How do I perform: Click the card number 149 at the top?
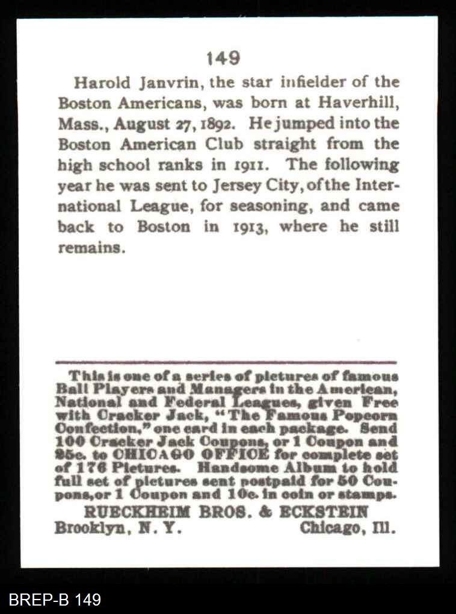223,58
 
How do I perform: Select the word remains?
91,248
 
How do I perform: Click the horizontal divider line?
226,362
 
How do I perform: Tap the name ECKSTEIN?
331,512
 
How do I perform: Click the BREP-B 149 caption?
55,600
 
